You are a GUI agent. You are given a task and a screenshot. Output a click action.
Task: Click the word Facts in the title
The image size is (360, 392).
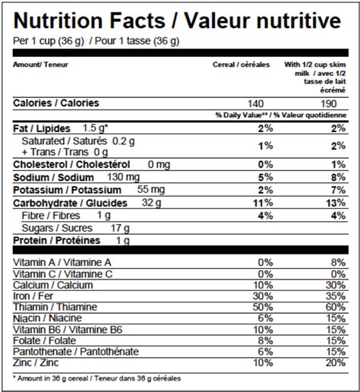(137, 21)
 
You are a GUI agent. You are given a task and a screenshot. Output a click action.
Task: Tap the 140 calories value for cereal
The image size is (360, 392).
(256, 104)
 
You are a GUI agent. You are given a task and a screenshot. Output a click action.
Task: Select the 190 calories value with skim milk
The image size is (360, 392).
(329, 104)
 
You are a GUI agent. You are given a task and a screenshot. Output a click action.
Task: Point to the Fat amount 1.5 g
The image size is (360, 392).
(95, 128)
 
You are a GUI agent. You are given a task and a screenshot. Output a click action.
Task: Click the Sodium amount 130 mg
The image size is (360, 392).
(123, 177)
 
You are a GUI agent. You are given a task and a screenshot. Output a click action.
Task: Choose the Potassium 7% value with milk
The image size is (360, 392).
(338, 190)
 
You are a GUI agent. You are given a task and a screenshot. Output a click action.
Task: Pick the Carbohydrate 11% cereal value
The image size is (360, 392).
(264, 203)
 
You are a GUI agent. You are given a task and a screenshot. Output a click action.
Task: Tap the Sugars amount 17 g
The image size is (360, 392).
(120, 229)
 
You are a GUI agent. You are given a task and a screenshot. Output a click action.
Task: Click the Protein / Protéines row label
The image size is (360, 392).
(57, 241)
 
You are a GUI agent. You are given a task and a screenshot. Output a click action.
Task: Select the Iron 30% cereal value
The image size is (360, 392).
(263, 296)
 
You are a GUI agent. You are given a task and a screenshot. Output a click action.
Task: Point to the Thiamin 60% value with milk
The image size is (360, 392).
(336, 307)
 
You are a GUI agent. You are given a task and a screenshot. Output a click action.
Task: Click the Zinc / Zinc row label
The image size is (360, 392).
(36, 362)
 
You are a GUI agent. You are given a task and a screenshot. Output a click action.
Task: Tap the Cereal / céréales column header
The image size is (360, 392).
(241, 65)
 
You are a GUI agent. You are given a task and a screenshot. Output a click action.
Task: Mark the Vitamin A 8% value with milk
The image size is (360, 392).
(338, 263)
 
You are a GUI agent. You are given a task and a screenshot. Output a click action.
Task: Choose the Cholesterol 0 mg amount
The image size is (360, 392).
(159, 165)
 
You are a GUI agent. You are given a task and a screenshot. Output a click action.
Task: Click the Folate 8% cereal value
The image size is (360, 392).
(266, 340)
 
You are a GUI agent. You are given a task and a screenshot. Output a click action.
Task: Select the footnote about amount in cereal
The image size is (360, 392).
(97, 378)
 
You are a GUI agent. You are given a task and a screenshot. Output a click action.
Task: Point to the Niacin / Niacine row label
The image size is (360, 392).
(47, 318)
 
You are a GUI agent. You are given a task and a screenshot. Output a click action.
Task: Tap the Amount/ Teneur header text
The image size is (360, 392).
(40, 65)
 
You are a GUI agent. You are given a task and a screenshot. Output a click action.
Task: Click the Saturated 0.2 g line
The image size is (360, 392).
(78, 141)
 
